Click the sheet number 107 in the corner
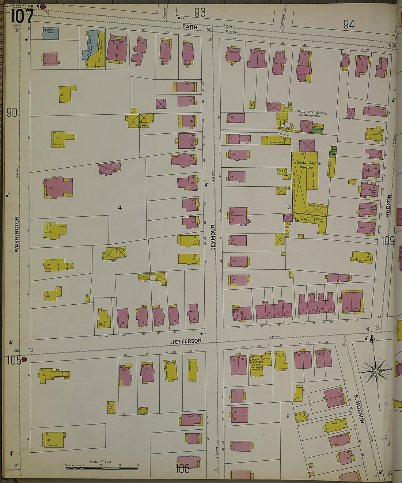[x=22, y=16]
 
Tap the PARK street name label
[x=190, y=27]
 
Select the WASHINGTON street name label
[x=16, y=234]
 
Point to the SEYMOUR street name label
[x=213, y=237]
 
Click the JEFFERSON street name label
[x=186, y=341]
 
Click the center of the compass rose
[x=376, y=371]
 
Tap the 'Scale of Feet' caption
[x=101, y=462]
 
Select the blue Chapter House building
[x=51, y=33]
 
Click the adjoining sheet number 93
[x=200, y=12]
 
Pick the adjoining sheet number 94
[x=348, y=24]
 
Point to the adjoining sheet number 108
[x=182, y=469]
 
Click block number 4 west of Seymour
[x=120, y=208]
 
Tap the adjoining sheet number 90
[x=12, y=113]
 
